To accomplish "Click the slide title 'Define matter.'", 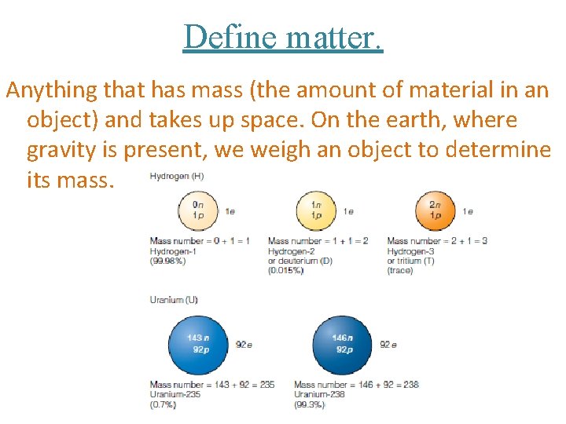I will click(283, 36).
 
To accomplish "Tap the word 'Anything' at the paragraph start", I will click(53, 90).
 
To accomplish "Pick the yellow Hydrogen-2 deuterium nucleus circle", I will click(315, 210).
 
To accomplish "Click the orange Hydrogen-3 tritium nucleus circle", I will click(434, 210).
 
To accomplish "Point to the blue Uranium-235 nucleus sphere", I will click(198, 344).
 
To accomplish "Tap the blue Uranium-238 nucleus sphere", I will click(342, 344).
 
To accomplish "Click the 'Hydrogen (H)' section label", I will click(177, 177).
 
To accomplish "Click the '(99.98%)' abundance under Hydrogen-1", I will click(167, 261).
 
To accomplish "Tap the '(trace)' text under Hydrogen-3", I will click(400, 271).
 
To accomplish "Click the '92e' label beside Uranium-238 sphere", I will click(388, 345).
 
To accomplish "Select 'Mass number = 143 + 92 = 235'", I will click(212, 386).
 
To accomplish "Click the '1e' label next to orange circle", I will click(468, 211).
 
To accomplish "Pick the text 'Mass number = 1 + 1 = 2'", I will click(318, 241).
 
